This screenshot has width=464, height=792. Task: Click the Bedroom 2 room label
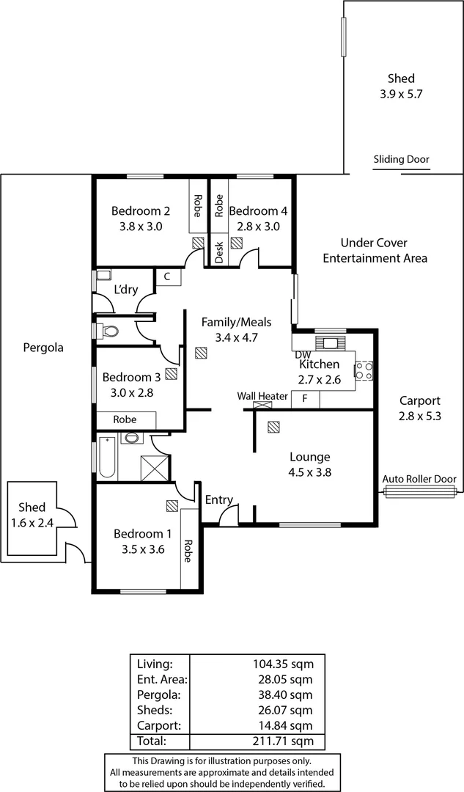[141, 211]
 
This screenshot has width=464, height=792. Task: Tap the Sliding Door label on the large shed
[401, 159]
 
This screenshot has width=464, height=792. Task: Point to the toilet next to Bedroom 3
[108, 331]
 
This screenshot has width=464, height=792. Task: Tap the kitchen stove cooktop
[364, 370]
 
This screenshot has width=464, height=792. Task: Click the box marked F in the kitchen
[305, 400]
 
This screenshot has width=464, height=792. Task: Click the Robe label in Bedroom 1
[188, 550]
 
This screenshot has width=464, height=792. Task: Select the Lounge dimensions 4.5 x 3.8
[309, 472]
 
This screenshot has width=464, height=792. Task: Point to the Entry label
[218, 500]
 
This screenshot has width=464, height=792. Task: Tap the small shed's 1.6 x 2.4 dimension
[32, 523]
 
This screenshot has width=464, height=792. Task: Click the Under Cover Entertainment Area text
[375, 250]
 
